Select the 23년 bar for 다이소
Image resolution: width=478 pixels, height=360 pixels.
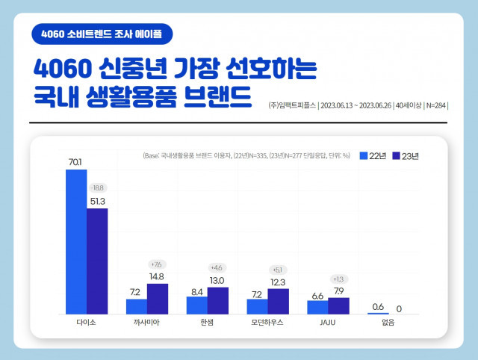point(97,261)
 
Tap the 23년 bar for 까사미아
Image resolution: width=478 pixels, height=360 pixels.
point(158,299)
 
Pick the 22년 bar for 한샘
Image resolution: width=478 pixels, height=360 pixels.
point(197,305)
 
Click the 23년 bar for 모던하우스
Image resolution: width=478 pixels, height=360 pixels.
point(279,301)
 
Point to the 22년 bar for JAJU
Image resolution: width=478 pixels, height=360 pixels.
point(318,306)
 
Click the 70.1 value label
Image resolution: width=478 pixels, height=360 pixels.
point(76,161)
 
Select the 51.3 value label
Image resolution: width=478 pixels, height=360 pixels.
point(98,200)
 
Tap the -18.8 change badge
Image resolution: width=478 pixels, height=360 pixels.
point(98,187)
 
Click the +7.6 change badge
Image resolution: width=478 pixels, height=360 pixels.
point(157,264)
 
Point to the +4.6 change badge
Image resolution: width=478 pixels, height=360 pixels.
point(217,267)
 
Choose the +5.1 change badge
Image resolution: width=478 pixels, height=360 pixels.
point(279,270)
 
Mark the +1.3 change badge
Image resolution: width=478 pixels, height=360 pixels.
point(339,279)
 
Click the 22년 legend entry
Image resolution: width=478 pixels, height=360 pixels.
point(372,156)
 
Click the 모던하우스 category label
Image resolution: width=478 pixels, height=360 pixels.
point(267,323)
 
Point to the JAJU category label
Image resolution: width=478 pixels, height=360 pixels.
point(328,323)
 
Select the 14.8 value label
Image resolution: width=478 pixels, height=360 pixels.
point(158,276)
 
